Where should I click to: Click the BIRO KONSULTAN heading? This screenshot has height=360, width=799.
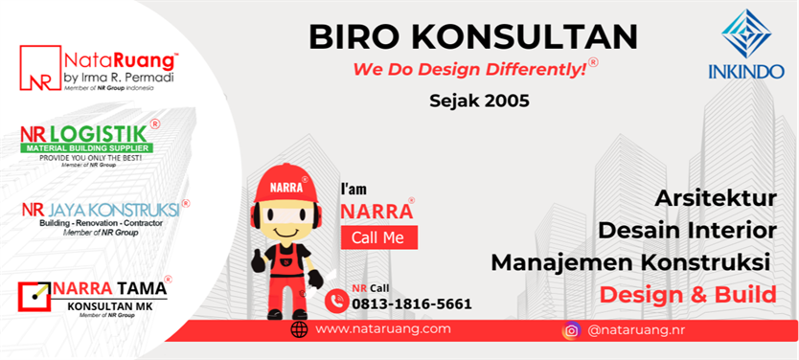tap(473, 37)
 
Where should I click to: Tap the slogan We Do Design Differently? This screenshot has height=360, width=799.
tap(470, 70)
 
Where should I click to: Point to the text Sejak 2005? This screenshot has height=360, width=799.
tap(479, 100)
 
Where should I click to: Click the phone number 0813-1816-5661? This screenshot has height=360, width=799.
tap(412, 304)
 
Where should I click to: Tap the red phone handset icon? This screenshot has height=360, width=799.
tap(336, 300)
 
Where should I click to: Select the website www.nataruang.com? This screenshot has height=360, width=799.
tap(382, 329)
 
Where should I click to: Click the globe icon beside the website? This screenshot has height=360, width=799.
tap(300, 329)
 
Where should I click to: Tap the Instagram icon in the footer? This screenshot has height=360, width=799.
tap(571, 330)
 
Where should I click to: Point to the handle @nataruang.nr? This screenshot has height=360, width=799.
tap(637, 330)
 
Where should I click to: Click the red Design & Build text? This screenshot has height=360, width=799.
tap(687, 294)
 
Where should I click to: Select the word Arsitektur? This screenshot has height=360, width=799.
tap(715, 199)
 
